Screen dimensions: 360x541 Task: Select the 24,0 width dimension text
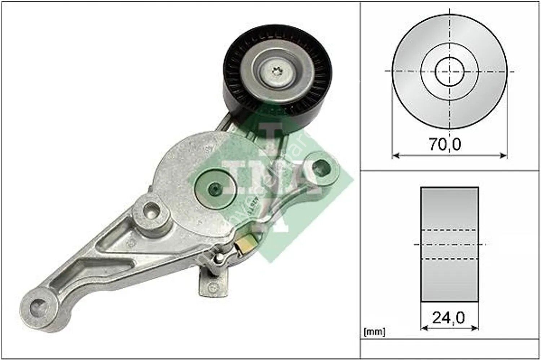click(448, 317)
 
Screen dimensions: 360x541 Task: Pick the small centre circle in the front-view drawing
click(449, 71)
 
